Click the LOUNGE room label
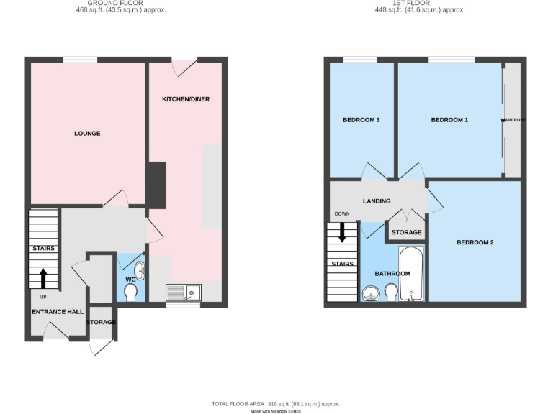click(x=87, y=134)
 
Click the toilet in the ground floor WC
click(x=130, y=293)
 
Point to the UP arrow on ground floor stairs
click(x=43, y=277)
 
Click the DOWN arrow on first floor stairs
click(x=342, y=232)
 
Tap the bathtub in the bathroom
click(x=410, y=276)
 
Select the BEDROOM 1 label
click(x=449, y=120)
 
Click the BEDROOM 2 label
click(x=475, y=242)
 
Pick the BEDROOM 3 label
click(x=361, y=120)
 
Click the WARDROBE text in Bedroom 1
click(x=513, y=120)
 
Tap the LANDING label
click(x=377, y=201)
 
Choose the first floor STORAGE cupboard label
click(x=406, y=232)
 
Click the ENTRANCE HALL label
click(x=58, y=312)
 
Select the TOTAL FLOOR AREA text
click(x=276, y=404)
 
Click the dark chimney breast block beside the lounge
click(x=156, y=185)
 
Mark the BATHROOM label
click(x=392, y=274)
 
